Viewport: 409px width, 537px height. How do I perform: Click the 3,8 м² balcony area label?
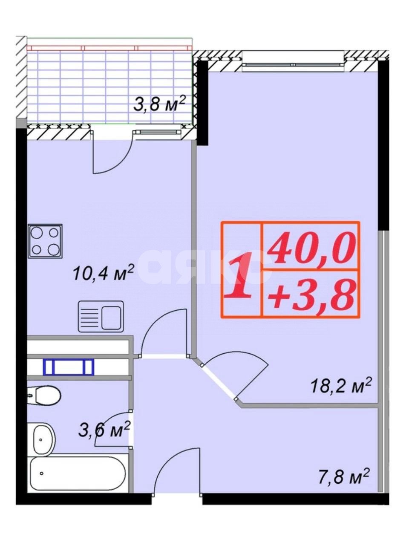158,104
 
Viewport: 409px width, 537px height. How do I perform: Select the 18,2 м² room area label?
341,386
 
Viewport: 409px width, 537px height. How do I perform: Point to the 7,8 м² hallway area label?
343,476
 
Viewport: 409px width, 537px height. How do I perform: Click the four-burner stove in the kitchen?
45,241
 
